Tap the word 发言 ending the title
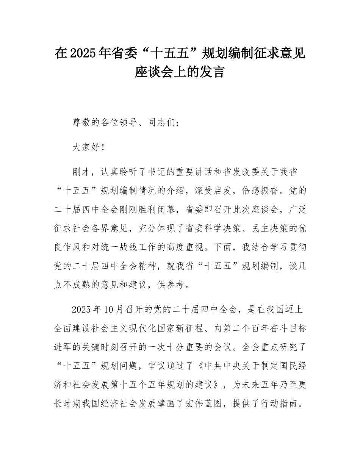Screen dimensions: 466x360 click(214, 72)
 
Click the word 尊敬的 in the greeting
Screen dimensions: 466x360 click(86, 123)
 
